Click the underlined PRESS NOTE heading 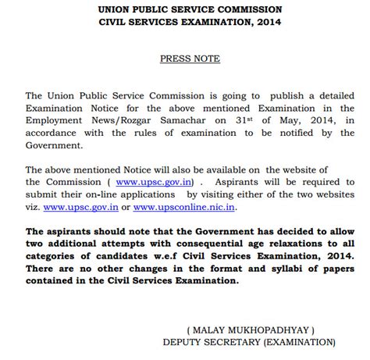190,59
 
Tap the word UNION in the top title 114,9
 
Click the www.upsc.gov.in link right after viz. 80,207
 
